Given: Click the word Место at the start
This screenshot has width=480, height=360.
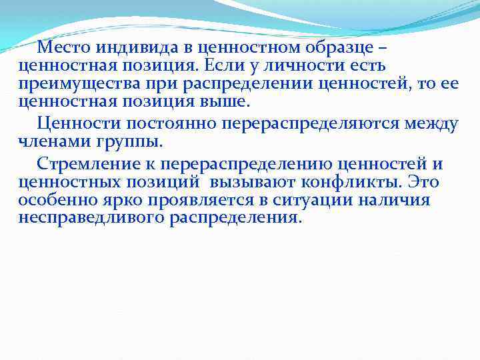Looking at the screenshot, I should (x=64, y=47).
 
